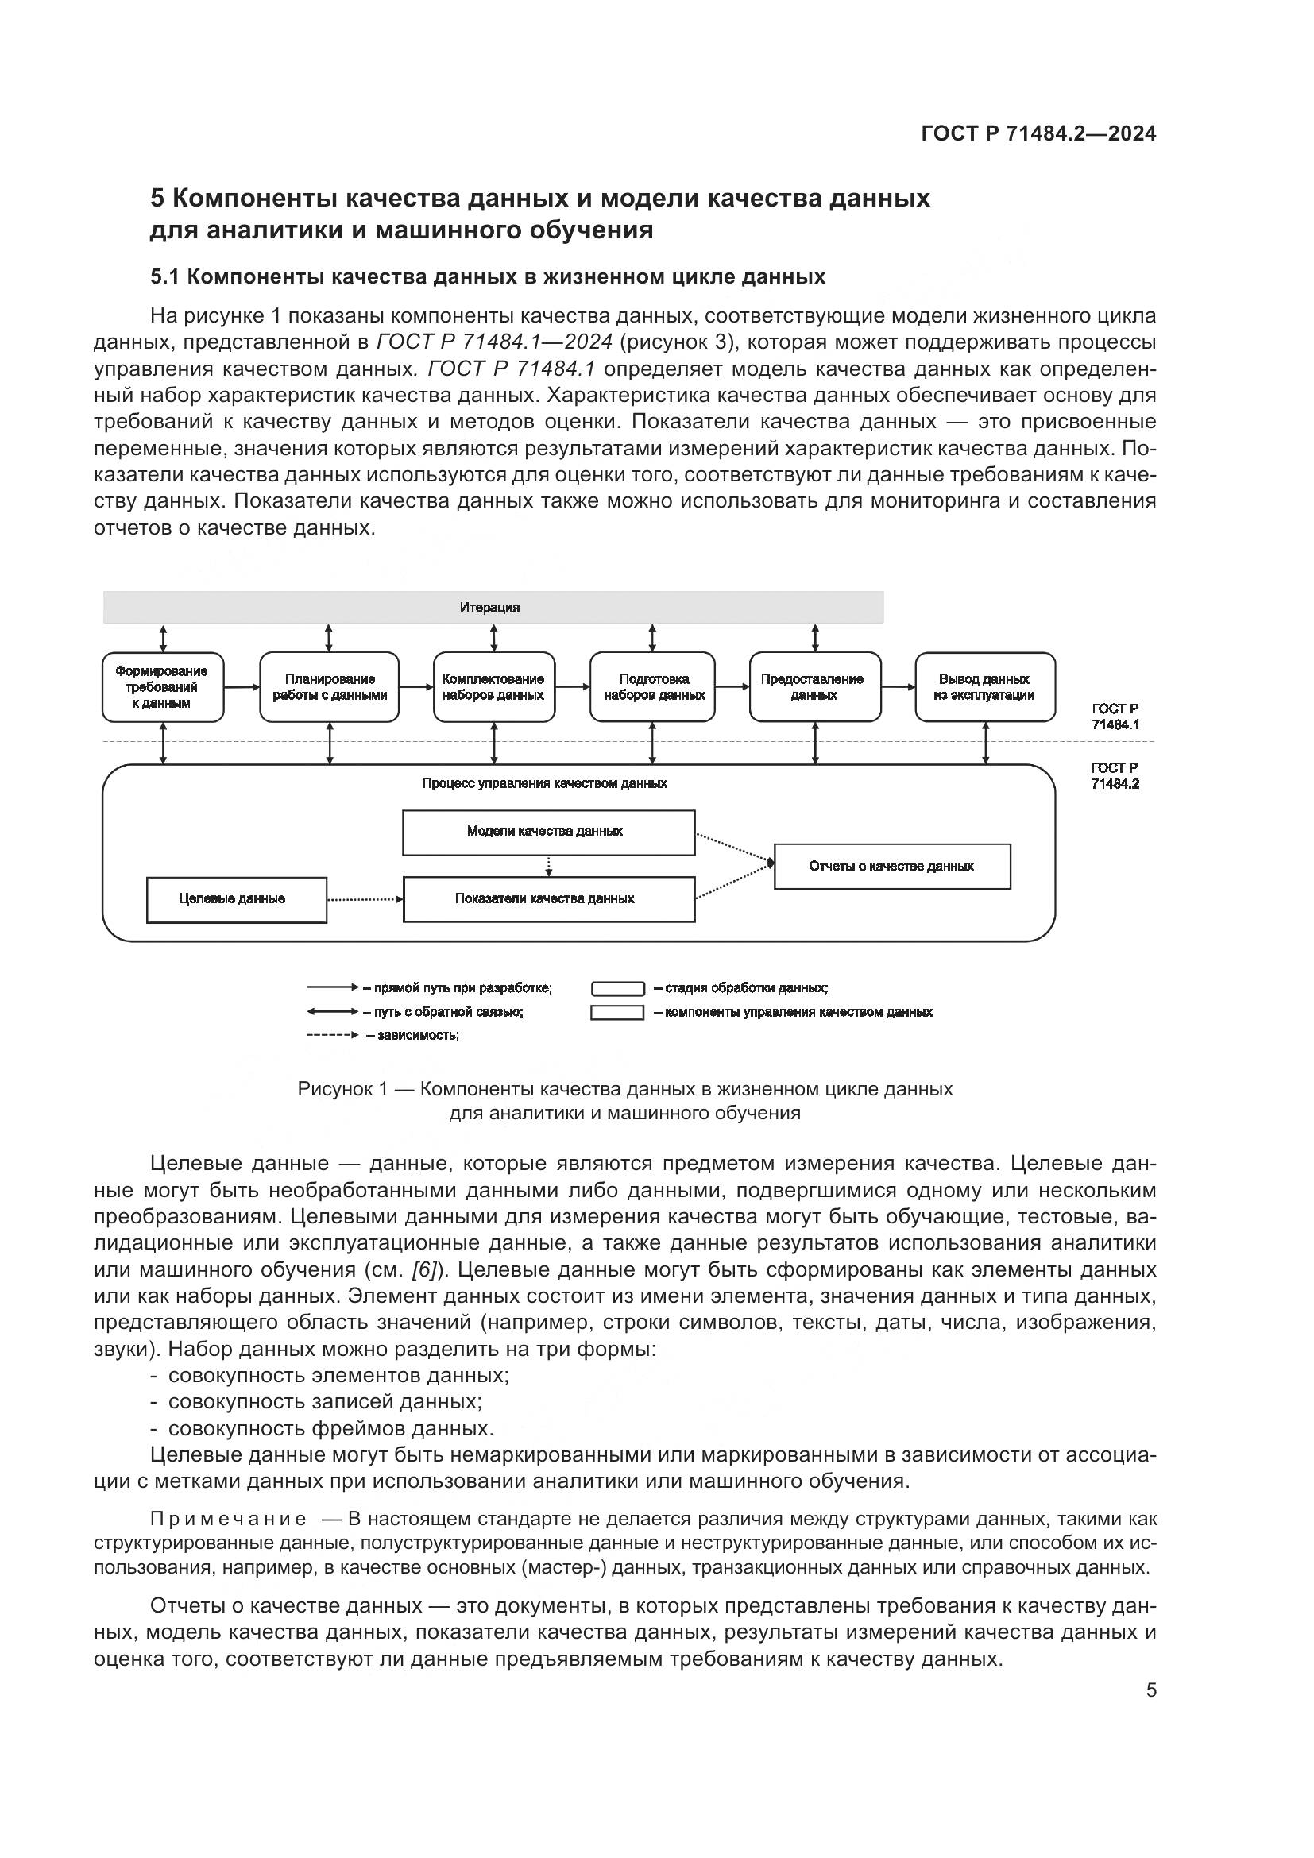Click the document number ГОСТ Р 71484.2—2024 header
[1038, 134]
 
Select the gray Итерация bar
[493, 607]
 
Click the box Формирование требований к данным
[163, 687]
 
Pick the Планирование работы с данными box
[330, 687]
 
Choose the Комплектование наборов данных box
[493, 687]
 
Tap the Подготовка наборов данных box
[653, 687]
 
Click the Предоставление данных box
[815, 687]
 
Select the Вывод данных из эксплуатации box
[984, 687]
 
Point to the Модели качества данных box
[549, 832]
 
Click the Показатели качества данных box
[549, 899]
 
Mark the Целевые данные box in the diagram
[236, 899]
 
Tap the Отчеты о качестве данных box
[891, 867]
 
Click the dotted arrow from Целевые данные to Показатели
[364, 899]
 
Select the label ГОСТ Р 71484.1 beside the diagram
[1115, 717]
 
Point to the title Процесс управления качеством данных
[544, 783]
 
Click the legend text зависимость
[418, 1036]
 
